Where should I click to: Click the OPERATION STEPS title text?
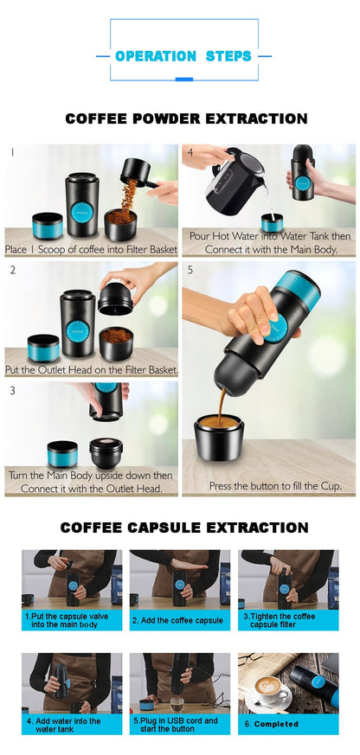(x=183, y=56)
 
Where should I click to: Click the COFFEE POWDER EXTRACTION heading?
(x=185, y=118)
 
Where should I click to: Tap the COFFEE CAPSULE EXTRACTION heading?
(x=183, y=527)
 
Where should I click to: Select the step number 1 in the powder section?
(x=12, y=152)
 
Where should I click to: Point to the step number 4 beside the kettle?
(x=190, y=152)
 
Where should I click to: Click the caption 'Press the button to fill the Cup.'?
(x=275, y=486)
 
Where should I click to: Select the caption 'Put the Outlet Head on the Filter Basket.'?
(x=92, y=369)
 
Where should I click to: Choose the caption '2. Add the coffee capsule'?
(x=177, y=620)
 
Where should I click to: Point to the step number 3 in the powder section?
(x=12, y=390)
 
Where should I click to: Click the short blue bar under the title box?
(x=183, y=80)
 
